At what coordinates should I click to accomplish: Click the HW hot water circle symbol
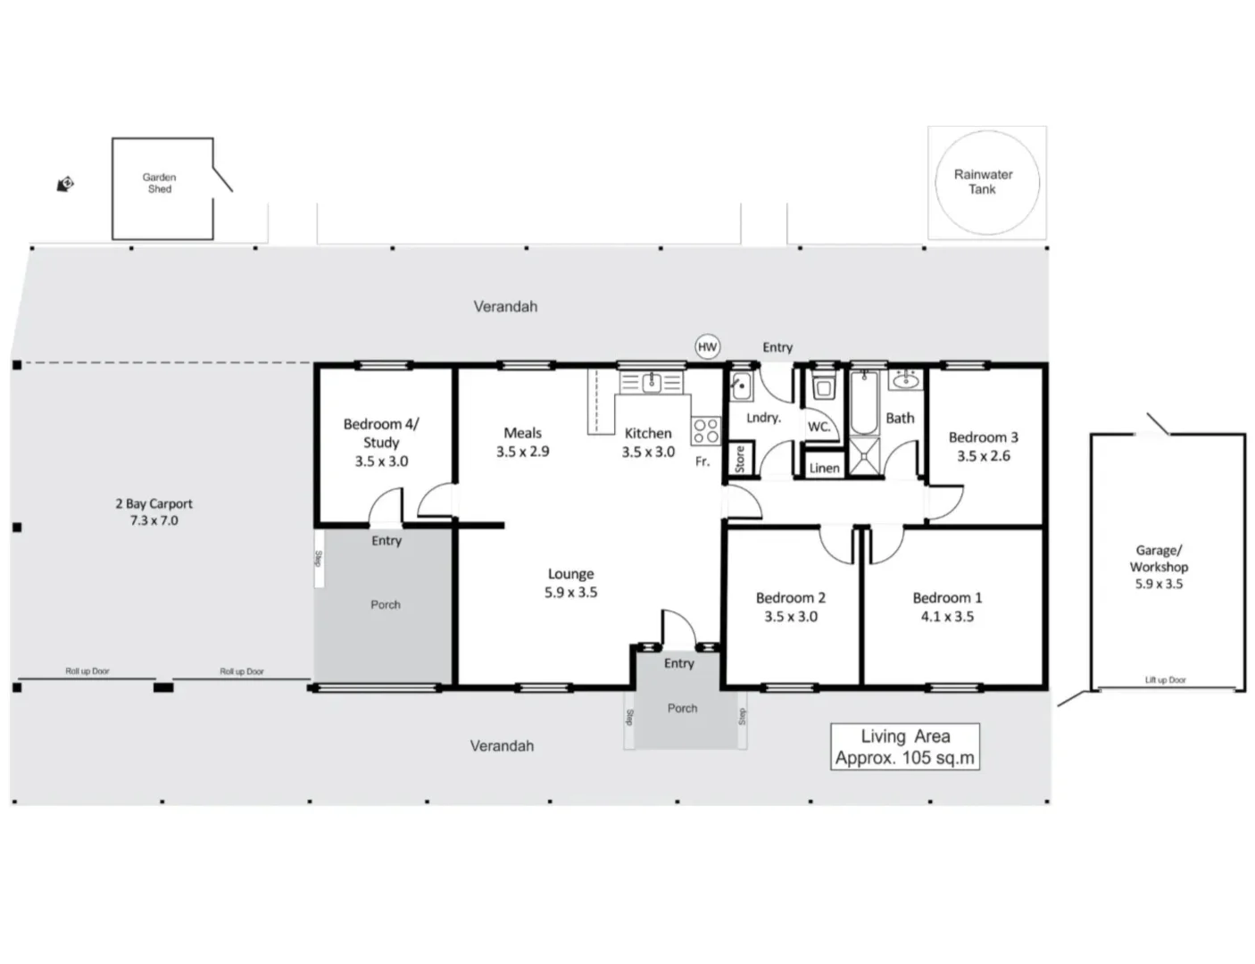click(x=707, y=347)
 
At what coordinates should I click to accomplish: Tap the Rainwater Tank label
click(x=983, y=182)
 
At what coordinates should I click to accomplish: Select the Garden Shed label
click(x=160, y=183)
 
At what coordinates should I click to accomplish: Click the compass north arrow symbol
click(x=65, y=185)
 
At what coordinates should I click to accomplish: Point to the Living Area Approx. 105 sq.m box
click(x=904, y=747)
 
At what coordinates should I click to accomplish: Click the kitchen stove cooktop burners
click(x=705, y=431)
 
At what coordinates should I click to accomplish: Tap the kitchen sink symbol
click(x=652, y=383)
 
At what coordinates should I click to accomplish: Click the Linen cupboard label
click(x=823, y=468)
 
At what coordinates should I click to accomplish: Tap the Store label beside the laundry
click(x=739, y=459)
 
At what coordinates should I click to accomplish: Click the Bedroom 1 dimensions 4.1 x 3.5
click(x=946, y=617)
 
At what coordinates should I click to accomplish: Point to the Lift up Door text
click(x=1165, y=680)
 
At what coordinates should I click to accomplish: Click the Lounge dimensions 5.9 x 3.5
click(x=570, y=593)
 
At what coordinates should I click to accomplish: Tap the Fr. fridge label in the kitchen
click(x=702, y=461)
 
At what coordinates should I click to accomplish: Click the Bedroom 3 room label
click(x=983, y=437)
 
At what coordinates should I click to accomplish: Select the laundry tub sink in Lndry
click(x=740, y=387)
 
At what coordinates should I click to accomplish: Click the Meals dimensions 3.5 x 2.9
click(x=522, y=452)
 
